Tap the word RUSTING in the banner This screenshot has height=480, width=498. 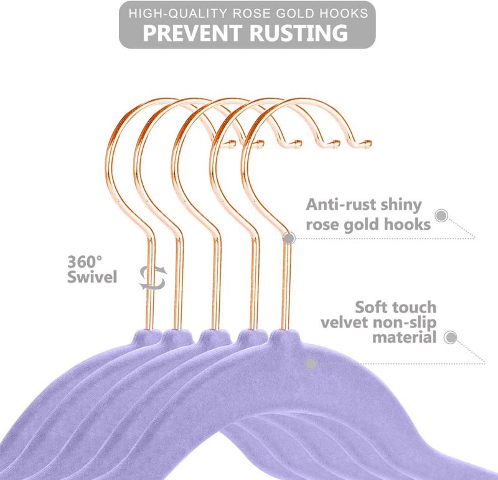pyautogui.click(x=299, y=33)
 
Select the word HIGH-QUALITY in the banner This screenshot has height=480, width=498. pyautogui.click(x=178, y=13)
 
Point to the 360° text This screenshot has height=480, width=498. pyautogui.click(x=85, y=261)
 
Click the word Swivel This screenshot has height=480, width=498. pyautogui.click(x=92, y=276)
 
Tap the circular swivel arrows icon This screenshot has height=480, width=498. pyautogui.click(x=153, y=278)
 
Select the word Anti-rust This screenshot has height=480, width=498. pyautogui.click(x=341, y=204)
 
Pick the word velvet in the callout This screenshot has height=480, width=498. pyautogui.click(x=345, y=322)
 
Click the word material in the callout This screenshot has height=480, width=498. pyautogui.click(x=404, y=337)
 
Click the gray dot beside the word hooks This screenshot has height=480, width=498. pyautogui.click(x=441, y=215)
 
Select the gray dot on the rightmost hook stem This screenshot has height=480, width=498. pyautogui.click(x=289, y=238)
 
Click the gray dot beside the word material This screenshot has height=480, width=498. pyautogui.click(x=450, y=337)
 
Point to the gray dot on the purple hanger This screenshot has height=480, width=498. pyautogui.click(x=311, y=364)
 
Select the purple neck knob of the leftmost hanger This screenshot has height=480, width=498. pyautogui.click(x=148, y=336)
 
